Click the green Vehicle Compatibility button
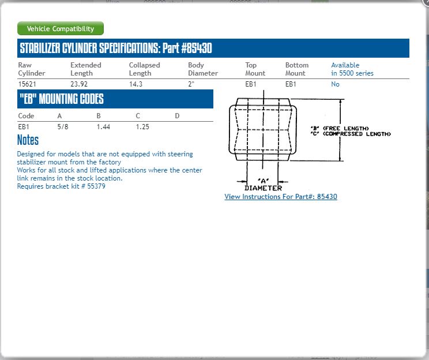[x=61, y=29]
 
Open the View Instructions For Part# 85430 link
[x=281, y=197]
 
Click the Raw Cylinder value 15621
[x=27, y=84]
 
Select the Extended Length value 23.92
[x=80, y=84]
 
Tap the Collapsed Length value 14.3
[x=136, y=84]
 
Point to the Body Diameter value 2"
[x=191, y=84]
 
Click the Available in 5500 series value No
[x=335, y=84]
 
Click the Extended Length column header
[x=85, y=69]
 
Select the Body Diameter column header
[x=202, y=69]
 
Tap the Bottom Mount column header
[x=296, y=69]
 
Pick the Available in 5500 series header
[x=352, y=69]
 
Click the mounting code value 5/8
[x=63, y=127]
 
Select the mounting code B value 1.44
[x=103, y=127]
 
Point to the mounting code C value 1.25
[x=142, y=127]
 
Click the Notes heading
[x=28, y=140]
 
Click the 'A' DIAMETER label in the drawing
[x=263, y=185]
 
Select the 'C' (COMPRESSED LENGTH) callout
[x=350, y=134]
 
